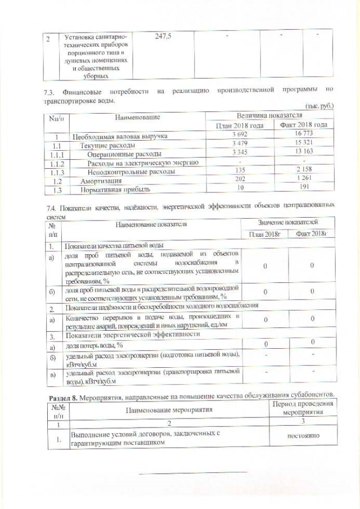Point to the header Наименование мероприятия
pos(168,409)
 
